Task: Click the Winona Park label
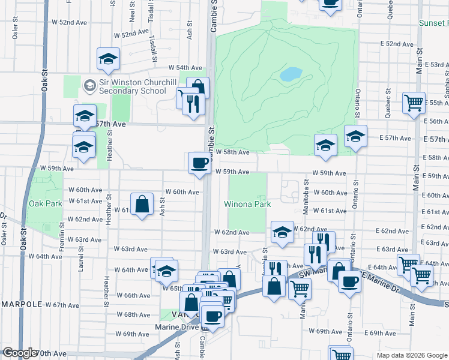(x=247, y=204)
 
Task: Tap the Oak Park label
(x=46, y=203)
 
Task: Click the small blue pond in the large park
(x=291, y=74)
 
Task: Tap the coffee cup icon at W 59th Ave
(x=199, y=162)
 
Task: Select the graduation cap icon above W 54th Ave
(x=109, y=59)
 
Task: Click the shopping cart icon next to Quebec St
(x=414, y=103)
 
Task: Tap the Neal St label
(x=131, y=10)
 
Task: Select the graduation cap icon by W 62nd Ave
(x=282, y=233)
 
